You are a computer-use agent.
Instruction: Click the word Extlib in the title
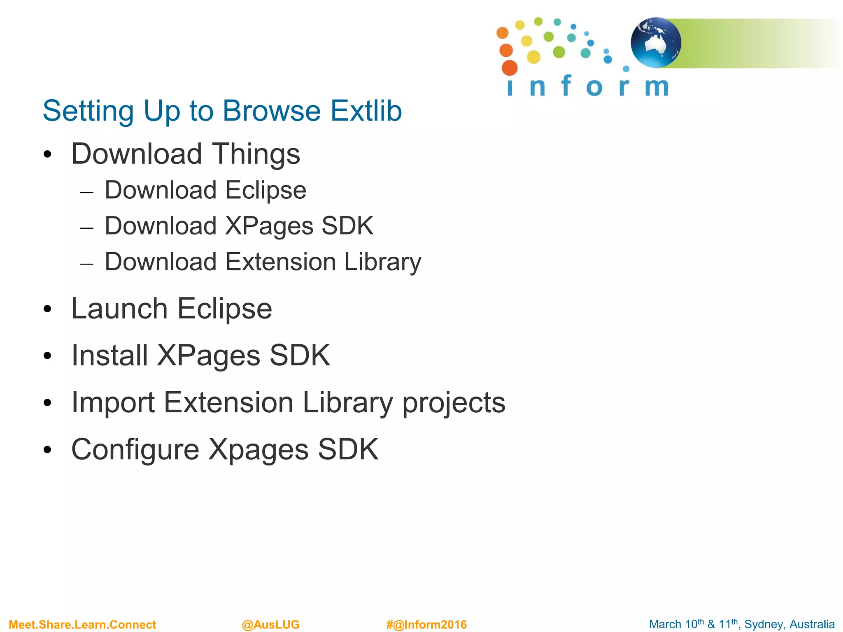[366, 111]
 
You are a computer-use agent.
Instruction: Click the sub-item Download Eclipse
[205, 191]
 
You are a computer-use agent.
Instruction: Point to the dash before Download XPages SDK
[87, 228]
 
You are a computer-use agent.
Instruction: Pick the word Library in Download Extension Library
[382, 262]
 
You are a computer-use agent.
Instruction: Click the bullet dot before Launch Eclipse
[48, 309]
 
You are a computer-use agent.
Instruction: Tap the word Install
[109, 355]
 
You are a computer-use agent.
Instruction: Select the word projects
[454, 403]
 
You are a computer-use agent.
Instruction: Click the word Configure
[135, 449]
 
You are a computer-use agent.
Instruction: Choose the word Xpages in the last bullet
[258, 449]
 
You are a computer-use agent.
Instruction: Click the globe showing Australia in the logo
[655, 42]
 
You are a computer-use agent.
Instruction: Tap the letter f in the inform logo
[566, 85]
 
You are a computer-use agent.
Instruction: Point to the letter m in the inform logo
[657, 87]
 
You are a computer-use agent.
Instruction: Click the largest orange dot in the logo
[510, 68]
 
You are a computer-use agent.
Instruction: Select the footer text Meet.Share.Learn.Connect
[82, 625]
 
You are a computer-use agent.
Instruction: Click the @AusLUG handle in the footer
[270, 625]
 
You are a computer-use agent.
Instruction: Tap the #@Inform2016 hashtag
[426, 625]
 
